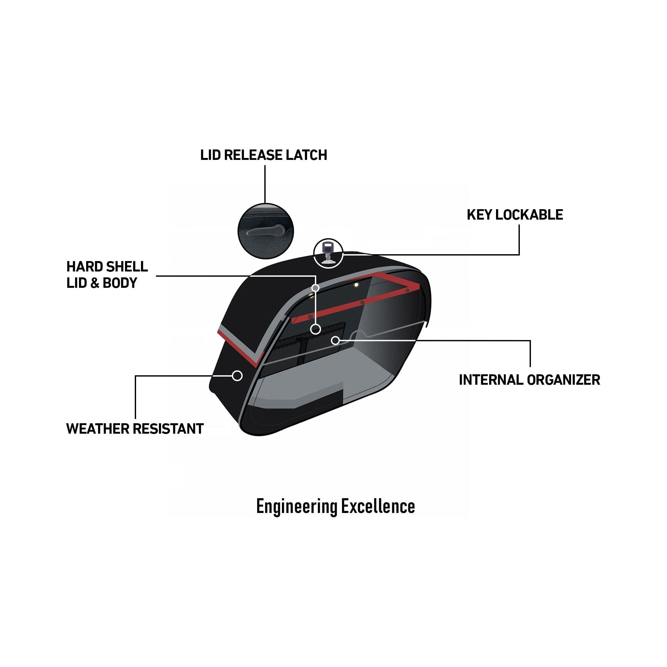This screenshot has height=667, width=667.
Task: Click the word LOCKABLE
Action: [x=529, y=215]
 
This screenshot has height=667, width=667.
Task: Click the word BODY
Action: [x=120, y=283]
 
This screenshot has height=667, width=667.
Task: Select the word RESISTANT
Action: [x=168, y=429]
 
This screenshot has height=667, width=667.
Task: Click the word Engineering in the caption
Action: [x=297, y=507]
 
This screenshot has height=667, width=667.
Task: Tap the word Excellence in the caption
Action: [x=379, y=506]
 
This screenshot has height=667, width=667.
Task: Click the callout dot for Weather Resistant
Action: [x=237, y=376]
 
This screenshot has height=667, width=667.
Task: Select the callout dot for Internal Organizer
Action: [x=335, y=341]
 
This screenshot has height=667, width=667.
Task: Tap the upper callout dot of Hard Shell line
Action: [x=315, y=288]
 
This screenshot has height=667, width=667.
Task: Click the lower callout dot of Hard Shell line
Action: [x=316, y=329]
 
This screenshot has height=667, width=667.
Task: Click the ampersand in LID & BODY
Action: [x=94, y=283]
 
